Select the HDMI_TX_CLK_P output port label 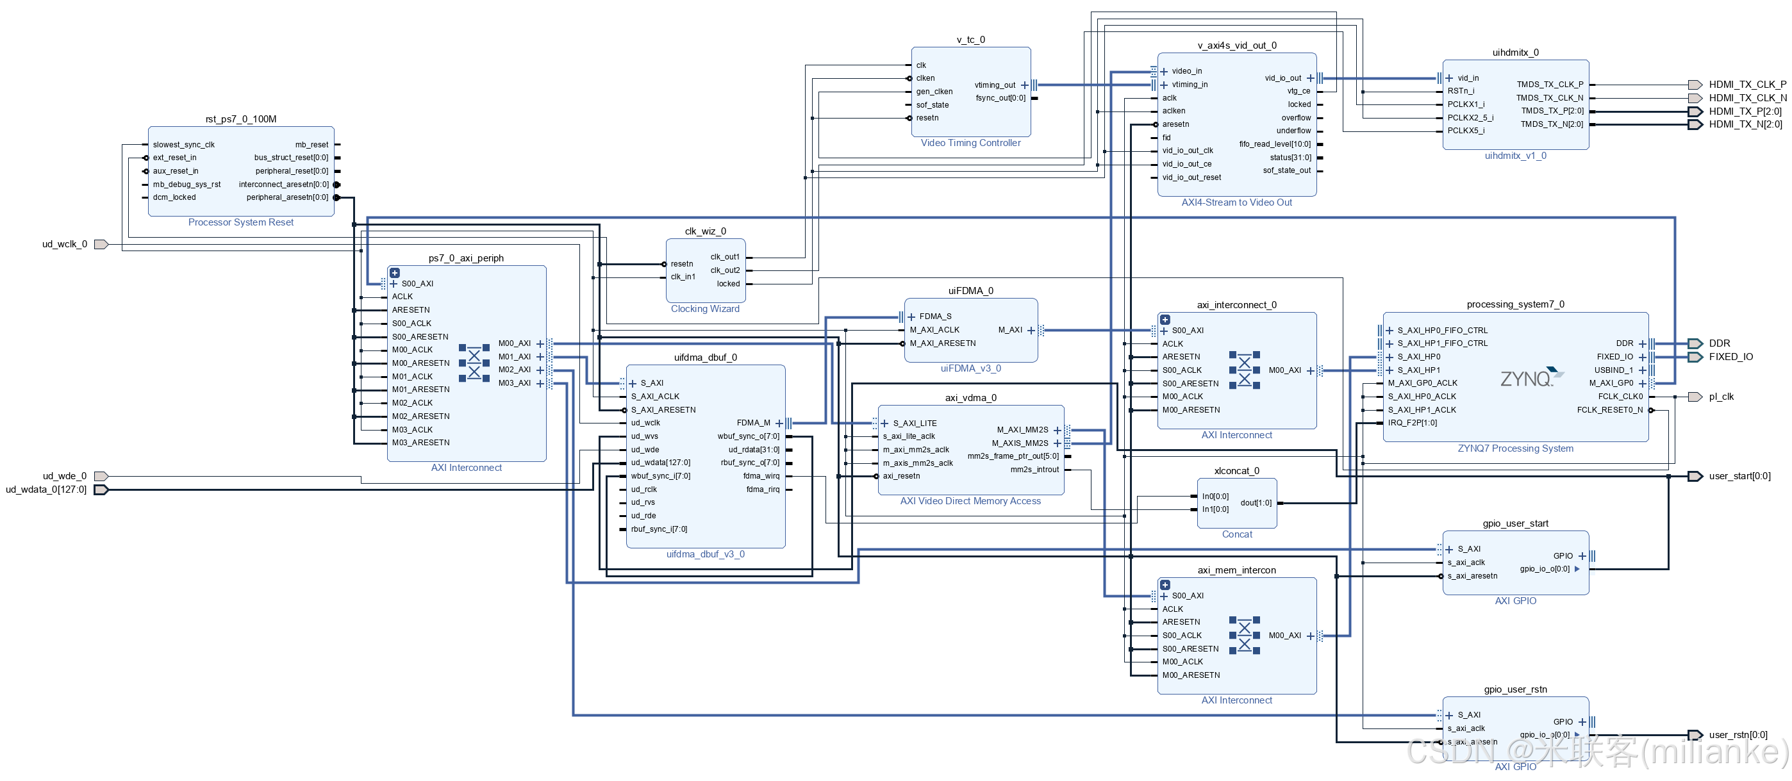[1746, 84]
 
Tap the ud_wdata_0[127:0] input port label [46, 489]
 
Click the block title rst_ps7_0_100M [241, 119]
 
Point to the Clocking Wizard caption [705, 309]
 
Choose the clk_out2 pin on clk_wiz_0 [725, 270]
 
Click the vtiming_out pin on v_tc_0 [995, 85]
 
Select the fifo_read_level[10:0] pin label [1274, 144]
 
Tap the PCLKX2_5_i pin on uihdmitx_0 [1470, 117]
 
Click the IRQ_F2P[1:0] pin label [1412, 422]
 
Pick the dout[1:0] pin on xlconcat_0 [1256, 503]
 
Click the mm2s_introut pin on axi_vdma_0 [1034, 470]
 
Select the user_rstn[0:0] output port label [1738, 734]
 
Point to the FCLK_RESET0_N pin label [1609, 409]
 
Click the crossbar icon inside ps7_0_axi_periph [474, 363]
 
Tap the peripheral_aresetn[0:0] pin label [286, 197]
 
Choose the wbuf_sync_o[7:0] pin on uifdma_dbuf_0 [748, 436]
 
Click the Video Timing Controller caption [970, 143]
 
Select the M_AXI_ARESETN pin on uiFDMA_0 [943, 343]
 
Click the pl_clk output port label [1721, 397]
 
